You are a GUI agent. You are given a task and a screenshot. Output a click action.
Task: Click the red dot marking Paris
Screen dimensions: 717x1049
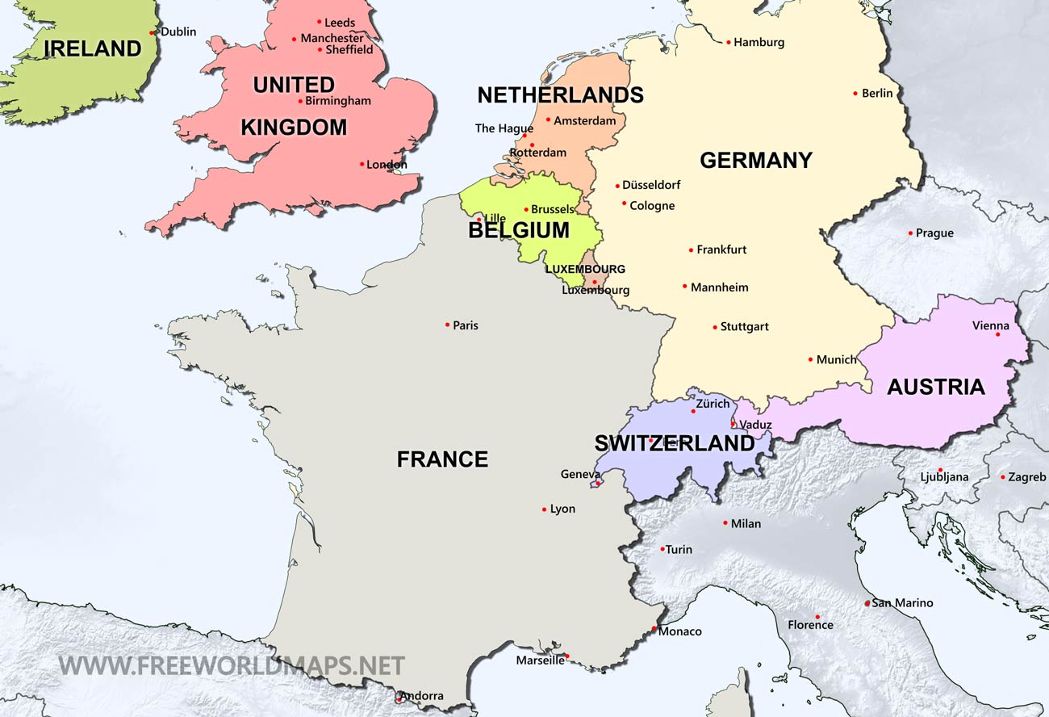(447, 325)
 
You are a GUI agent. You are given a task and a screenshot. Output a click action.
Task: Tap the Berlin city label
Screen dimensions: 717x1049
(877, 94)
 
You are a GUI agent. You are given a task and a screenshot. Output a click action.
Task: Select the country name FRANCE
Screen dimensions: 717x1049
(442, 459)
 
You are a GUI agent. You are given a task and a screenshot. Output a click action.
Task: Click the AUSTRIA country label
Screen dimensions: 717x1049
(935, 387)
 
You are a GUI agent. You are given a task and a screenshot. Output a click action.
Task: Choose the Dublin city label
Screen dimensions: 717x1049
(178, 32)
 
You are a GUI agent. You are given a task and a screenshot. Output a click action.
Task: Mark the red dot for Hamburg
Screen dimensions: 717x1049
(728, 42)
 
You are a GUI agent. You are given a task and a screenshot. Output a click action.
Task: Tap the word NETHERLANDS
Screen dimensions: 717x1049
(560, 95)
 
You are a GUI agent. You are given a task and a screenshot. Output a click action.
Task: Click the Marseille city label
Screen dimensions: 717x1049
(540, 660)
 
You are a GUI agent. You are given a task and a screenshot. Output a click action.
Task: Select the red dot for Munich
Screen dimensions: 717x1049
(810, 359)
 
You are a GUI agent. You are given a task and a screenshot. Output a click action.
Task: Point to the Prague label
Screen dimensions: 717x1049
(934, 233)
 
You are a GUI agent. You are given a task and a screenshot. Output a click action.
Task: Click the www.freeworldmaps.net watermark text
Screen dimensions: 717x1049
(232, 666)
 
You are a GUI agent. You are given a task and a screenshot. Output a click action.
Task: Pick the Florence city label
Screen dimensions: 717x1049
(810, 625)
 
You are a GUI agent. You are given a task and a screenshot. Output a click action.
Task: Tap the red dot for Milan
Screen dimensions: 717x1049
(725, 523)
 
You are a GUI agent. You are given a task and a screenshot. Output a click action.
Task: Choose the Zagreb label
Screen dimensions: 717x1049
(1026, 477)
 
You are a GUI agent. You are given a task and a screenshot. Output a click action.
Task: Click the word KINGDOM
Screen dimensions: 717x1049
(294, 128)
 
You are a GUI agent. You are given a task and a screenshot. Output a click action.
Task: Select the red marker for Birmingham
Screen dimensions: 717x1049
(300, 101)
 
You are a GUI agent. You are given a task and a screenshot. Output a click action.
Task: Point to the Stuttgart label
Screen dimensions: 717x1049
(744, 327)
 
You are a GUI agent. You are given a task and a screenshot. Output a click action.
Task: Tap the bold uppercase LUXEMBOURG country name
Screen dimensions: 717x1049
(585, 270)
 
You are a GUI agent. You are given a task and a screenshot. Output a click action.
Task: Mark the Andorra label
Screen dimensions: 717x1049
(421, 696)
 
